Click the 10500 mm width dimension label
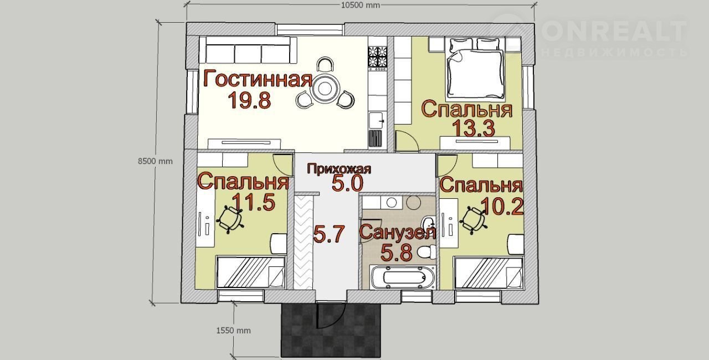coord(360,6)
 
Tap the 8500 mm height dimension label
coord(155,161)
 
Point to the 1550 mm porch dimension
coord(233,331)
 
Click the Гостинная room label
coord(258,79)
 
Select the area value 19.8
coord(249,100)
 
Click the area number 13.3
coord(474,128)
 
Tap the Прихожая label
coord(339,168)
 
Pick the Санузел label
coord(398,233)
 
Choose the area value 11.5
coord(253,202)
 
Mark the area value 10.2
coord(502,207)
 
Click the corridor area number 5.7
coord(328,234)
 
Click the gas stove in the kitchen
coord(377,59)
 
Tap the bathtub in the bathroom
coord(403,277)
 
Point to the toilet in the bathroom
coord(427,252)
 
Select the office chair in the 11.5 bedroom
coord(230,219)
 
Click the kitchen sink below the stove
coord(377,121)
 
